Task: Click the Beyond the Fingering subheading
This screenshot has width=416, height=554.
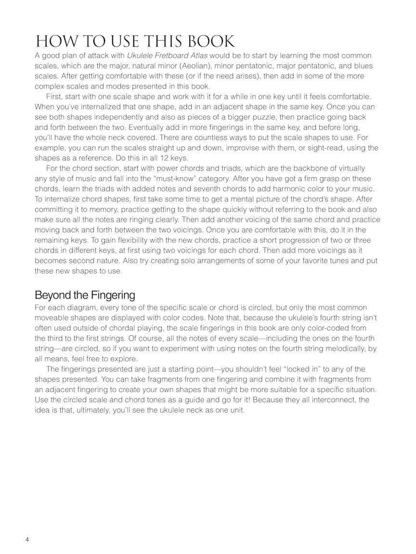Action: pyautogui.click(x=85, y=295)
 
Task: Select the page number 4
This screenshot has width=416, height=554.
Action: pyautogui.click(x=27, y=539)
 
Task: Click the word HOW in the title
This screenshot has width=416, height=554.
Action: pyautogui.click(x=53, y=41)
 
